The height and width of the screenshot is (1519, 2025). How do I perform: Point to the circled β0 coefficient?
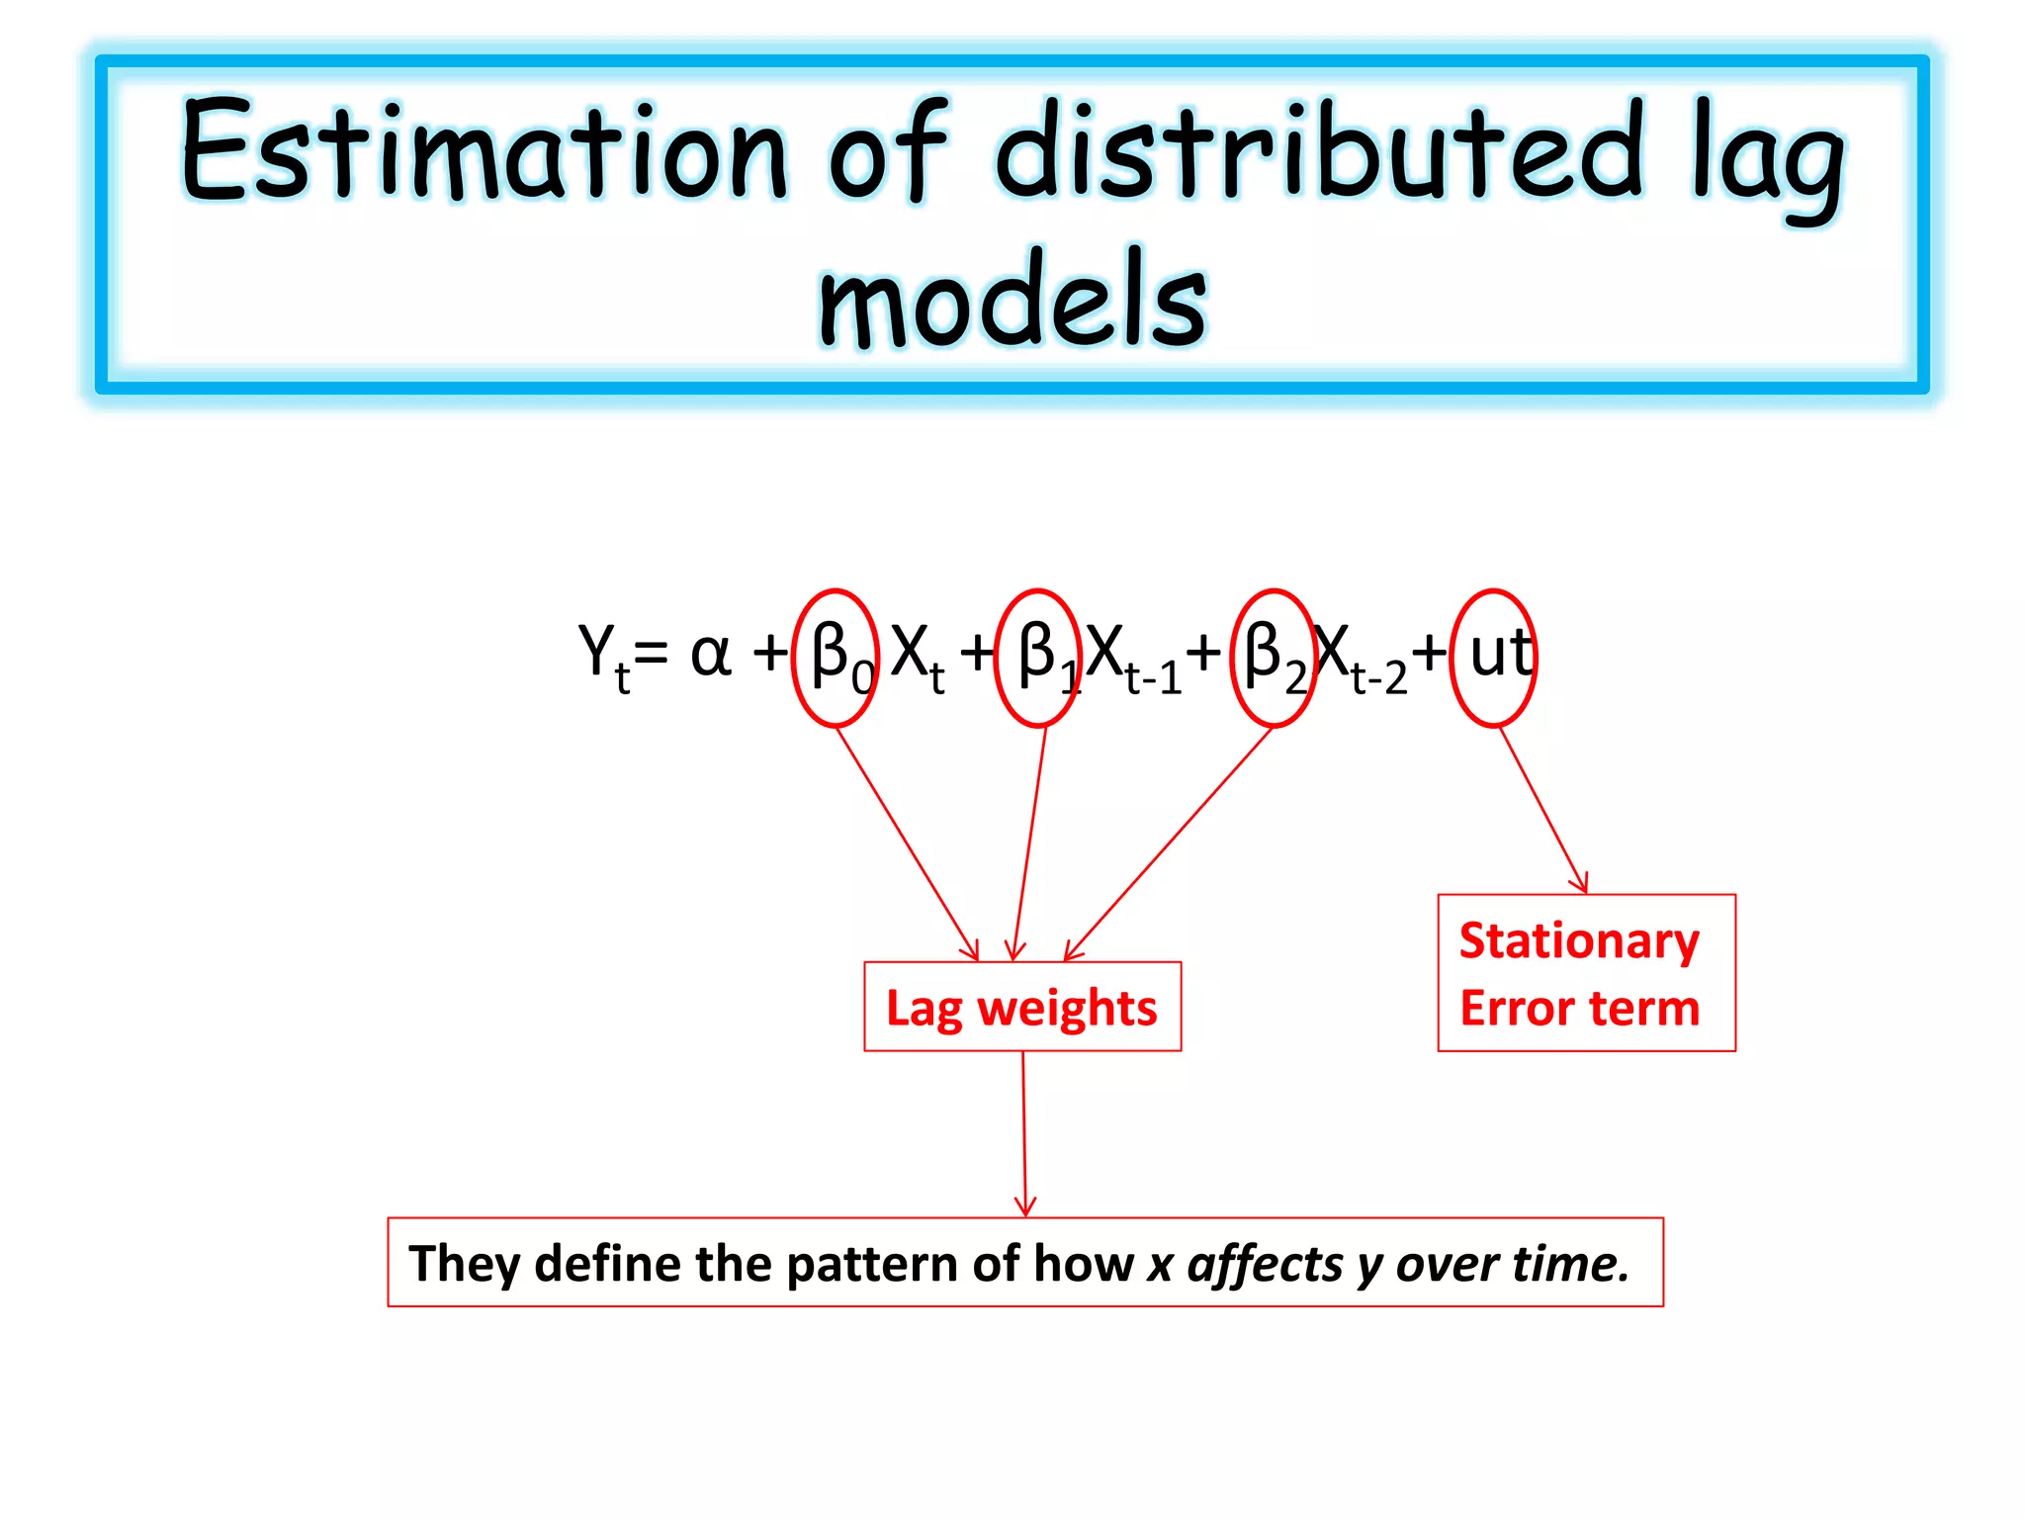click(x=836, y=658)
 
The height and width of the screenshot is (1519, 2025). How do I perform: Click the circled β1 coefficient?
click(x=1038, y=658)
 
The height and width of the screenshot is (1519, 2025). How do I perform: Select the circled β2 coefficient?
click(x=1274, y=658)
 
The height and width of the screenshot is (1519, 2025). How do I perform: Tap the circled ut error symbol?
click(x=1494, y=658)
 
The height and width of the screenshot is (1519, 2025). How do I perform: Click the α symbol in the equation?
click(x=710, y=655)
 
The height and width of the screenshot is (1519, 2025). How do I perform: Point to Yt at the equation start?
click(x=602, y=657)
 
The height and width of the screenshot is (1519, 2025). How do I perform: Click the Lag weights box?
click(x=1021, y=1007)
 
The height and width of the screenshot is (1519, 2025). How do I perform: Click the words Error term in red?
click(x=1578, y=1009)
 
